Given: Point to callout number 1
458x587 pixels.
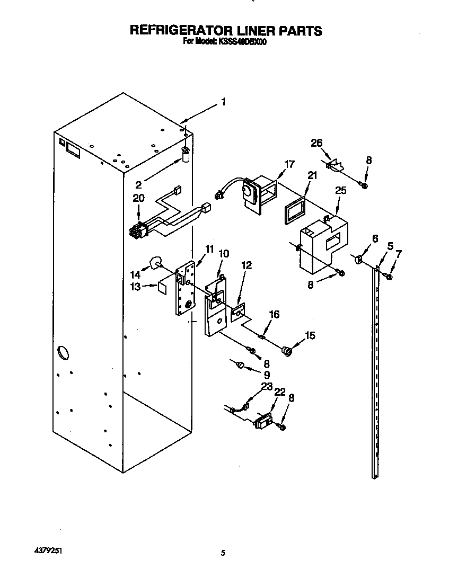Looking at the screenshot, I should [224, 102].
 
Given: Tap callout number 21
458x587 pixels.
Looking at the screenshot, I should [311, 176].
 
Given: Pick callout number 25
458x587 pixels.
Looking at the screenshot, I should [340, 190].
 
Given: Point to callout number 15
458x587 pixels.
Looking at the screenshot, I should [309, 335].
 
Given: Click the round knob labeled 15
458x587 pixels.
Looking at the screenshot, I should [287, 350].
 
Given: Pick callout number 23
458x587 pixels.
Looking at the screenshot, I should [266, 386].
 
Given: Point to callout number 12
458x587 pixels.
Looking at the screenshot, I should [247, 264].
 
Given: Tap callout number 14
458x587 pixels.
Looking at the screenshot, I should [136, 274].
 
